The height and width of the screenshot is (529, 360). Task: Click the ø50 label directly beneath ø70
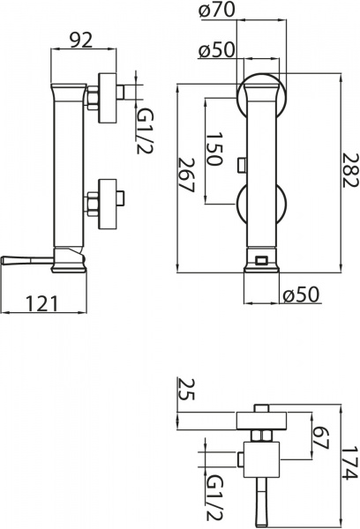(217, 50)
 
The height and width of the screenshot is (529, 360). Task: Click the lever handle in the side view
(22, 259)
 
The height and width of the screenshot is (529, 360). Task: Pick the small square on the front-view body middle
(242, 162)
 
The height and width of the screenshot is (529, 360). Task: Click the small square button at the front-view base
(260, 259)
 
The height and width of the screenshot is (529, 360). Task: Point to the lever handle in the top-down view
(261, 503)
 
